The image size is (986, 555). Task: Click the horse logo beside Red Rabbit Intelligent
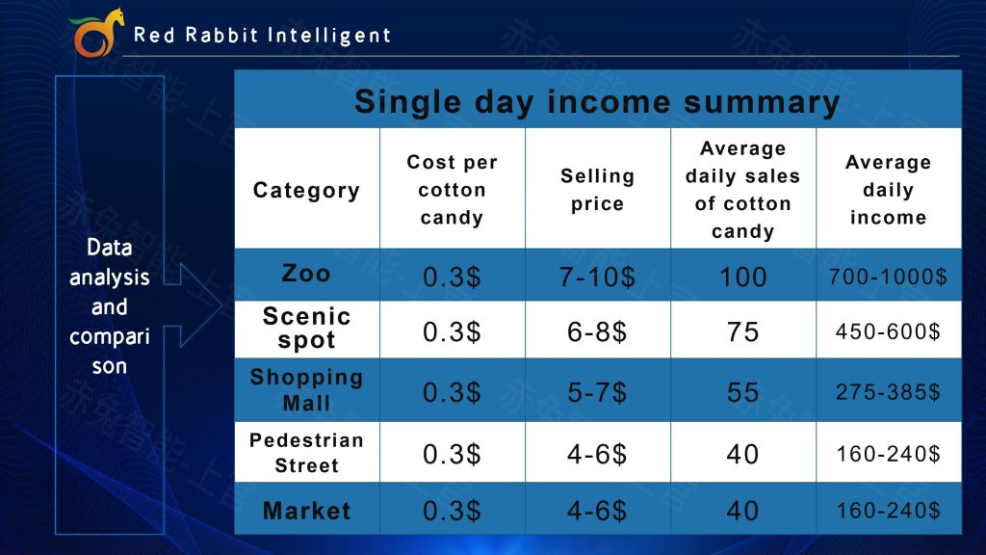tap(95, 33)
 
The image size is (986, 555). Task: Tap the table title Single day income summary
tap(597, 102)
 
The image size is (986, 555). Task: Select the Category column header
tap(306, 190)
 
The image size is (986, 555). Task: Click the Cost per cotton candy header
tap(452, 190)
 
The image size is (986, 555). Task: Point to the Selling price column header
tap(597, 190)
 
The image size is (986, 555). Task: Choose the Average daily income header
tap(888, 190)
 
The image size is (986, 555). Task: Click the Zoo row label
tap(306, 274)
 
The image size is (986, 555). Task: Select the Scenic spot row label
tap(306, 328)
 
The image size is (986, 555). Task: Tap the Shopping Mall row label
tap(306, 389)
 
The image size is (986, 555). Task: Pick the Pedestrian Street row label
tap(306, 453)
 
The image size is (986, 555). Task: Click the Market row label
tap(306, 511)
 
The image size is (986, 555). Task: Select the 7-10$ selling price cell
tap(597, 277)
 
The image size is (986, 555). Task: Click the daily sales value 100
tap(742, 277)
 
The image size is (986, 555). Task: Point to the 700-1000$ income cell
tap(888, 277)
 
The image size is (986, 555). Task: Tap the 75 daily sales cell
tap(742, 331)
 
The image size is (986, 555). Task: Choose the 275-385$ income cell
tap(888, 392)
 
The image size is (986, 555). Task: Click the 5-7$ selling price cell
tap(597, 393)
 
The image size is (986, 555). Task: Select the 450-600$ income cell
tap(888, 331)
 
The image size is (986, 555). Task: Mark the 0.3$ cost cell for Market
tap(452, 511)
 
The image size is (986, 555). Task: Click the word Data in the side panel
tap(110, 248)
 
